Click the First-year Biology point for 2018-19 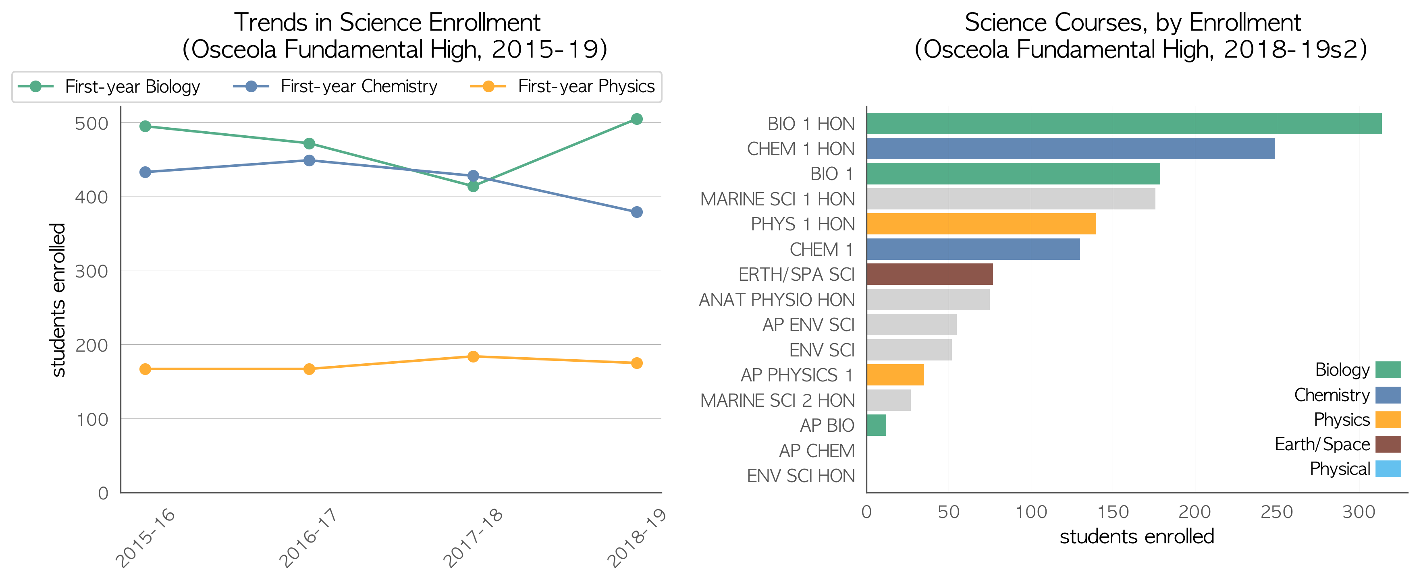[x=637, y=119]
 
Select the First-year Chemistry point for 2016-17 [x=309, y=160]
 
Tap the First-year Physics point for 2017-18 [x=473, y=356]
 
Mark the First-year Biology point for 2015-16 [x=145, y=126]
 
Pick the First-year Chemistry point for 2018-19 [x=637, y=212]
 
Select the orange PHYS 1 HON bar [x=981, y=224]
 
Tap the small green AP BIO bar [x=877, y=425]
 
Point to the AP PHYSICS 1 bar [x=895, y=375]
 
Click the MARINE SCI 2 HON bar [x=889, y=400]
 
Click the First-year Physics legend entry [x=562, y=87]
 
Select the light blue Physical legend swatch [x=1388, y=468]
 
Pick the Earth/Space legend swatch [x=1388, y=444]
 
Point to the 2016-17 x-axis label [x=308, y=537]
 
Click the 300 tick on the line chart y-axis [x=91, y=271]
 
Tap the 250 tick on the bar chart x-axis [x=1276, y=512]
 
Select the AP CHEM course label [x=816, y=451]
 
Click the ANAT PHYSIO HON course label [x=777, y=299]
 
